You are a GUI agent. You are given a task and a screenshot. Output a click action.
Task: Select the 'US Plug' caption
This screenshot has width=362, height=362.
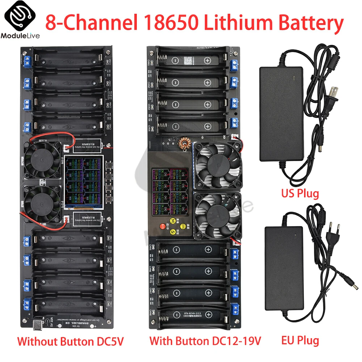(x=300, y=193)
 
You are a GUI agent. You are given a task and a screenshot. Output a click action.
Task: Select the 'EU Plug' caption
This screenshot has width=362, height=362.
(x=300, y=340)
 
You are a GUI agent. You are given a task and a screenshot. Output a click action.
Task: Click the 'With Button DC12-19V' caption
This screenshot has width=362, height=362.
(x=205, y=341)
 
